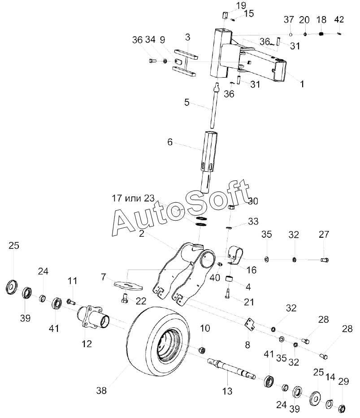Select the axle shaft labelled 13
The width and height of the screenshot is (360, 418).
click(231, 368)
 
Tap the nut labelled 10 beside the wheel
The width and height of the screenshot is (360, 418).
click(202, 349)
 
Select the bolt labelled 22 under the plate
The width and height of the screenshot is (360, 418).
click(124, 298)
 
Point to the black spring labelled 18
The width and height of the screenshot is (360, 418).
click(321, 34)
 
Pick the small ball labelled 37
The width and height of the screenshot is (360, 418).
click(291, 34)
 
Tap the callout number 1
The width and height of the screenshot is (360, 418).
click(302, 84)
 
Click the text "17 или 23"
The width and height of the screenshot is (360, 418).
click(133, 198)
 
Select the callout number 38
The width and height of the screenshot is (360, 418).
click(101, 391)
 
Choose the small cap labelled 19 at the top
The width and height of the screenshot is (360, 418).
click(224, 15)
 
